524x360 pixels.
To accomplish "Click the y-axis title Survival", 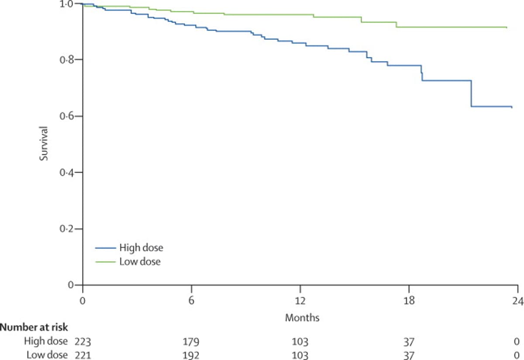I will tap(44, 143).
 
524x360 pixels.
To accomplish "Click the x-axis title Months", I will tap(302, 318).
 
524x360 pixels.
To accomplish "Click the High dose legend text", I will tap(141, 248).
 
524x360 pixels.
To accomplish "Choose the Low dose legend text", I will tap(140, 262).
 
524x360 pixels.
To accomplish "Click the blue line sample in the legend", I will tap(105, 248).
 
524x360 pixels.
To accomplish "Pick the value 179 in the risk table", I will tap(191, 341).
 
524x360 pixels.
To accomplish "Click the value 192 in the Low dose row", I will tap(191, 355).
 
